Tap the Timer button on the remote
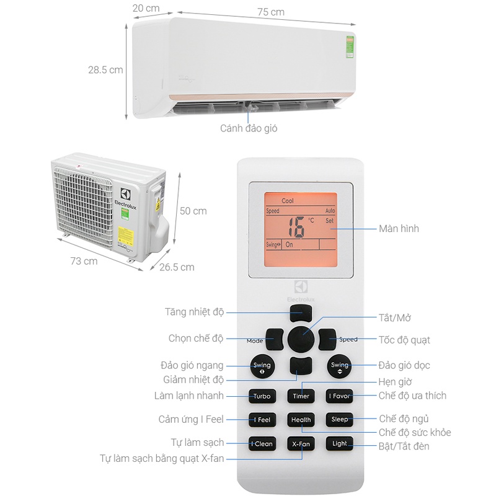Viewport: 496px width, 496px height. [x=301, y=396]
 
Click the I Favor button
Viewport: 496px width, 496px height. [x=339, y=396]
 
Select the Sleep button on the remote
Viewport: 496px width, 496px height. [x=339, y=420]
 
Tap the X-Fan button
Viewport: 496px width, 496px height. [x=301, y=444]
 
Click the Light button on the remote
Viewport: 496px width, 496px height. [x=339, y=444]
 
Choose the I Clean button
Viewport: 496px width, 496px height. [x=262, y=444]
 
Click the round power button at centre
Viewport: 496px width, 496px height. [x=301, y=340]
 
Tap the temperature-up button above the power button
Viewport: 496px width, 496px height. [x=301, y=312]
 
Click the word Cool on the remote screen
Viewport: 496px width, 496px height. [x=288, y=201]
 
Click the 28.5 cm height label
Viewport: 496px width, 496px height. [x=105, y=69]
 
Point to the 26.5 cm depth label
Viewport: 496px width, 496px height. [x=177, y=267]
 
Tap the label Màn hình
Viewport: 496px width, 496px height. [x=399, y=229]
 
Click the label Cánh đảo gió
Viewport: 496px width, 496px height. [x=249, y=128]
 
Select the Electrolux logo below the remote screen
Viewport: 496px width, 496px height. [x=301, y=291]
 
